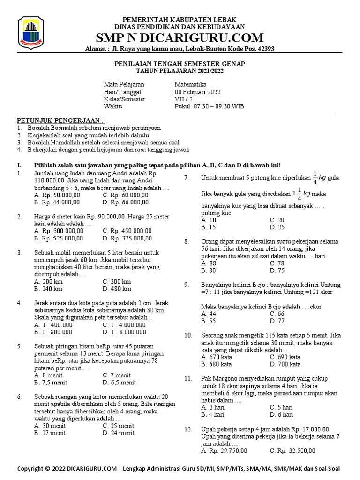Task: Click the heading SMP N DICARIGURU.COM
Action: tap(180, 37)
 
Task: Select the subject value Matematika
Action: tap(187, 84)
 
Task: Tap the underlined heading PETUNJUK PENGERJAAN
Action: tap(61, 120)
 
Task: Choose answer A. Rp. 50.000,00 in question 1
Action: tap(57, 195)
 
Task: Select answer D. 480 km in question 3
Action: tap(117, 289)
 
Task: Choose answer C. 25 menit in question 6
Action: tap(118, 426)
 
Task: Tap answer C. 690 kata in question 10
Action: tap(285, 357)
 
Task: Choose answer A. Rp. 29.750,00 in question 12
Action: tap(224, 450)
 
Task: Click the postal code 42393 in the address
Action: tap(264, 49)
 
